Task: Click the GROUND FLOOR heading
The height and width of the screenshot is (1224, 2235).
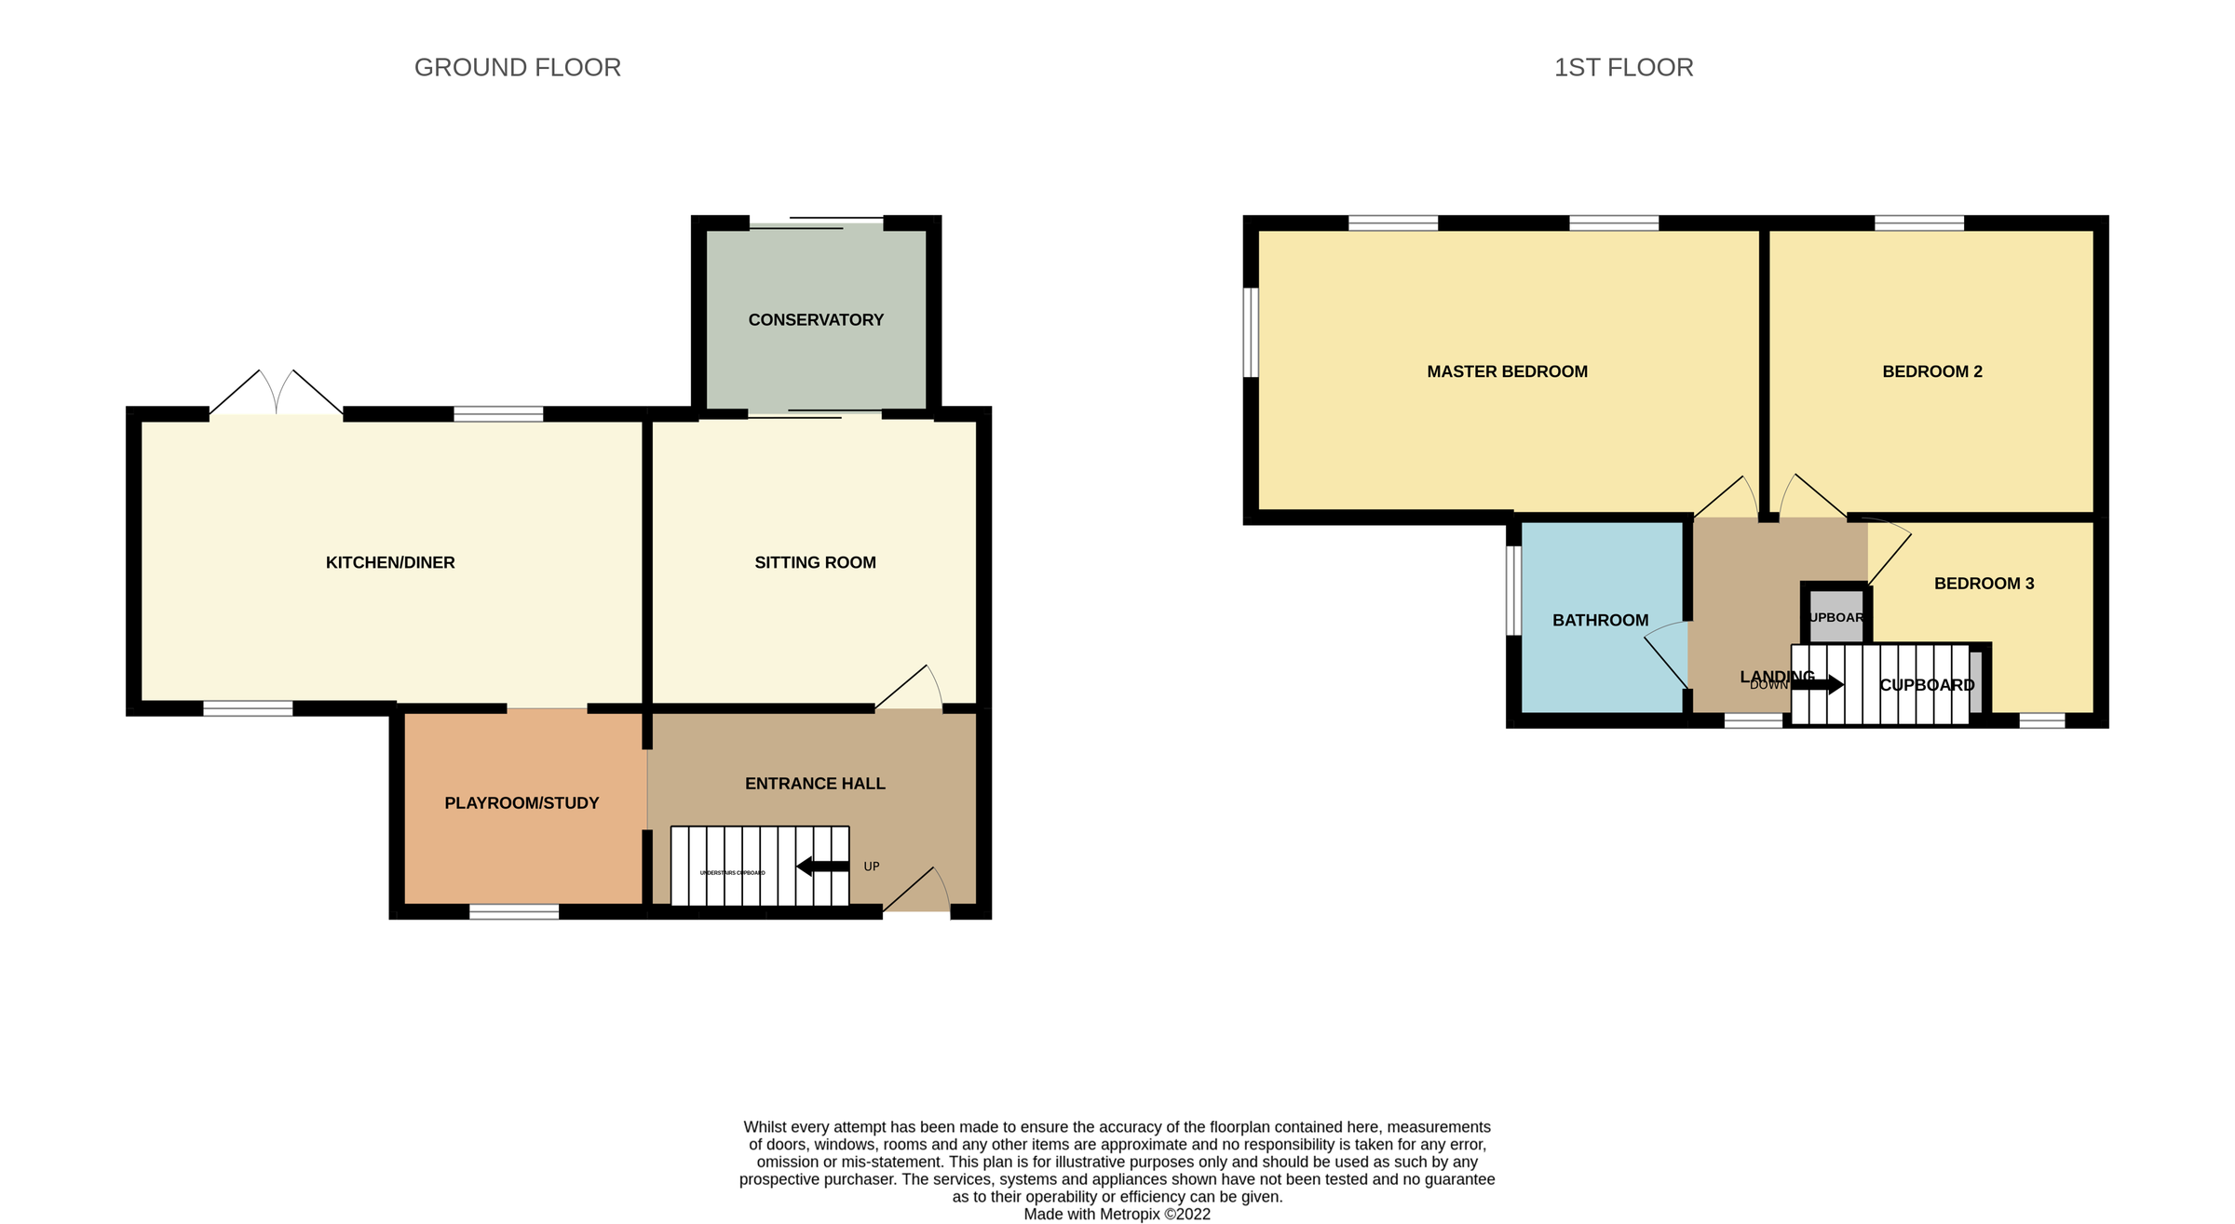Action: click(517, 68)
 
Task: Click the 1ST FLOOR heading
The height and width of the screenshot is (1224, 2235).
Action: click(1623, 68)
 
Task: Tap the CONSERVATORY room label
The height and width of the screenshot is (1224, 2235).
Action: click(816, 320)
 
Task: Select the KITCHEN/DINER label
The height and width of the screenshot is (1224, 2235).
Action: click(390, 562)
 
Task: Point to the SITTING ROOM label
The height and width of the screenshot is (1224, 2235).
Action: click(815, 562)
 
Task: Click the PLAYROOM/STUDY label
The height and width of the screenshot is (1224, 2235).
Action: click(521, 803)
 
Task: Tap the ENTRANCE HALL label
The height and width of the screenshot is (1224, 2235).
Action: click(815, 784)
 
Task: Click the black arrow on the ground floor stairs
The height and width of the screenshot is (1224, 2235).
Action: click(822, 867)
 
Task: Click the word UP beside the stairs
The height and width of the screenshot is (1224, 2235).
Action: click(872, 867)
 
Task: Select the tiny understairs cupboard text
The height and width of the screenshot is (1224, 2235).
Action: click(732, 873)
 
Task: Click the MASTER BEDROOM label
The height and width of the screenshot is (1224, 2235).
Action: click(1507, 371)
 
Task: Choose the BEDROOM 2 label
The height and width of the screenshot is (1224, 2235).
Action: click(1932, 371)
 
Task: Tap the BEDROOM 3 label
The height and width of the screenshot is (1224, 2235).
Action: click(1984, 584)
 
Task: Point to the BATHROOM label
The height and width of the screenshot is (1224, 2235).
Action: click(1600, 620)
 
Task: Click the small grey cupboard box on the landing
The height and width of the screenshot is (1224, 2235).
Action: click(1835, 617)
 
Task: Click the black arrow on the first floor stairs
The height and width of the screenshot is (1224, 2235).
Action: click(1817, 685)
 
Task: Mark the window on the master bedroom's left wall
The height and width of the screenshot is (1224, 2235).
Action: click(1251, 332)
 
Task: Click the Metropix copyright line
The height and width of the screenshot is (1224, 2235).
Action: click(1117, 1214)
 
